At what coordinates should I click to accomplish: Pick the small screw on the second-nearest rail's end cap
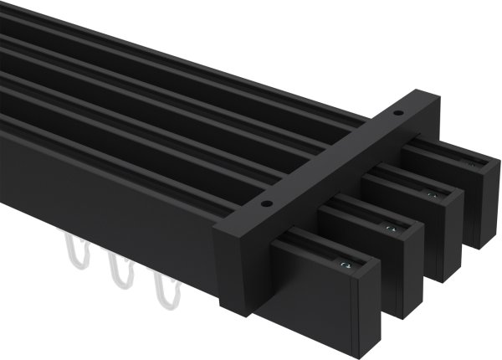click(390, 228)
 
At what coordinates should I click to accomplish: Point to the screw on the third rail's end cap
click(432, 194)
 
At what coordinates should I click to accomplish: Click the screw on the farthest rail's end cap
click(470, 164)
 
